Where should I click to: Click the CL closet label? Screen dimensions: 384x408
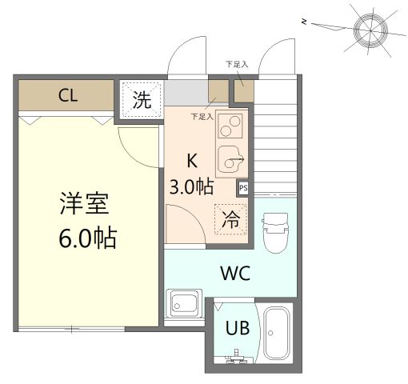(68, 97)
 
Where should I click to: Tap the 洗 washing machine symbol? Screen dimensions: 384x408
(141, 100)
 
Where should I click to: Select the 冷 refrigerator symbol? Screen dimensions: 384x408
(230, 219)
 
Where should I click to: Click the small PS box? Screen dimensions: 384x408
(243, 188)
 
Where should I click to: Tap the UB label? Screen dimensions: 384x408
(236, 327)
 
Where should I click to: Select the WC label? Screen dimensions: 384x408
(236, 273)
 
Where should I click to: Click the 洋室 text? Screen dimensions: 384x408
(84, 205)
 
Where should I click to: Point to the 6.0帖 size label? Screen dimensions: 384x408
(87, 238)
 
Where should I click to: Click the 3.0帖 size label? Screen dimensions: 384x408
(191, 186)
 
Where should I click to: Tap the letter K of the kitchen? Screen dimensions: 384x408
(192, 158)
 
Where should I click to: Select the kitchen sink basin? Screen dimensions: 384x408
(233, 161)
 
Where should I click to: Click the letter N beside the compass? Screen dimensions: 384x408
(304, 22)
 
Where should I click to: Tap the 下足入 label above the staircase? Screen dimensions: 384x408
(237, 64)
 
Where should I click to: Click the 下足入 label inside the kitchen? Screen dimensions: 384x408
(202, 117)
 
